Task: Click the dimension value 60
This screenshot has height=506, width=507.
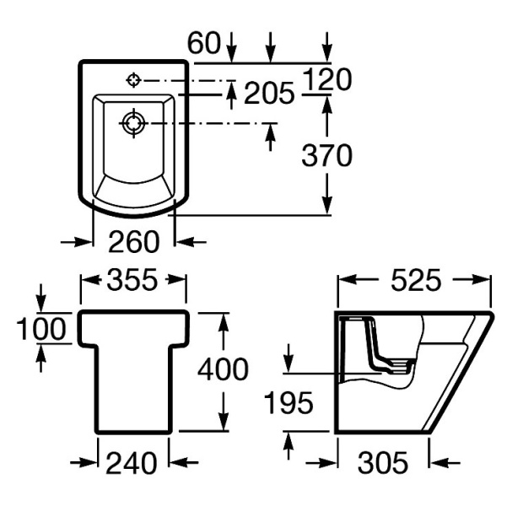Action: click(204, 43)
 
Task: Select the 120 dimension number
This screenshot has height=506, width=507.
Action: click(327, 79)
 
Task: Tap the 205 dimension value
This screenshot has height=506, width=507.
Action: click(269, 93)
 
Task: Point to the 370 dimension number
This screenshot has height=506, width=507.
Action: click(326, 155)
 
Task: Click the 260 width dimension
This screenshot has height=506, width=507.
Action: click(134, 241)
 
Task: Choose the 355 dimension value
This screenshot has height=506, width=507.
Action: click(132, 279)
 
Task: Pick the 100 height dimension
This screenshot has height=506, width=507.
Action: click(41, 329)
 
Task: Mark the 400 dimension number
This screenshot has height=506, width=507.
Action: click(223, 369)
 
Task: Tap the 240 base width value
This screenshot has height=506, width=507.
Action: click(132, 463)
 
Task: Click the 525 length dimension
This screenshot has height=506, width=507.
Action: click(416, 279)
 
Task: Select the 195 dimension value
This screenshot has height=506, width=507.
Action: click(289, 403)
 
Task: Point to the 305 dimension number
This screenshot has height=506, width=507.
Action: click(383, 463)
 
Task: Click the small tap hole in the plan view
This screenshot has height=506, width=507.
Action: click(133, 79)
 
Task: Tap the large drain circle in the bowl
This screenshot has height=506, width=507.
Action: click(133, 123)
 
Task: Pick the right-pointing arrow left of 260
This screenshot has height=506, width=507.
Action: click(76, 241)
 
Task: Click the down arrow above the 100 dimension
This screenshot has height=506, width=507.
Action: click(40, 298)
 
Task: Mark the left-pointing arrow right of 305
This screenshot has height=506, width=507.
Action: click(445, 463)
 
